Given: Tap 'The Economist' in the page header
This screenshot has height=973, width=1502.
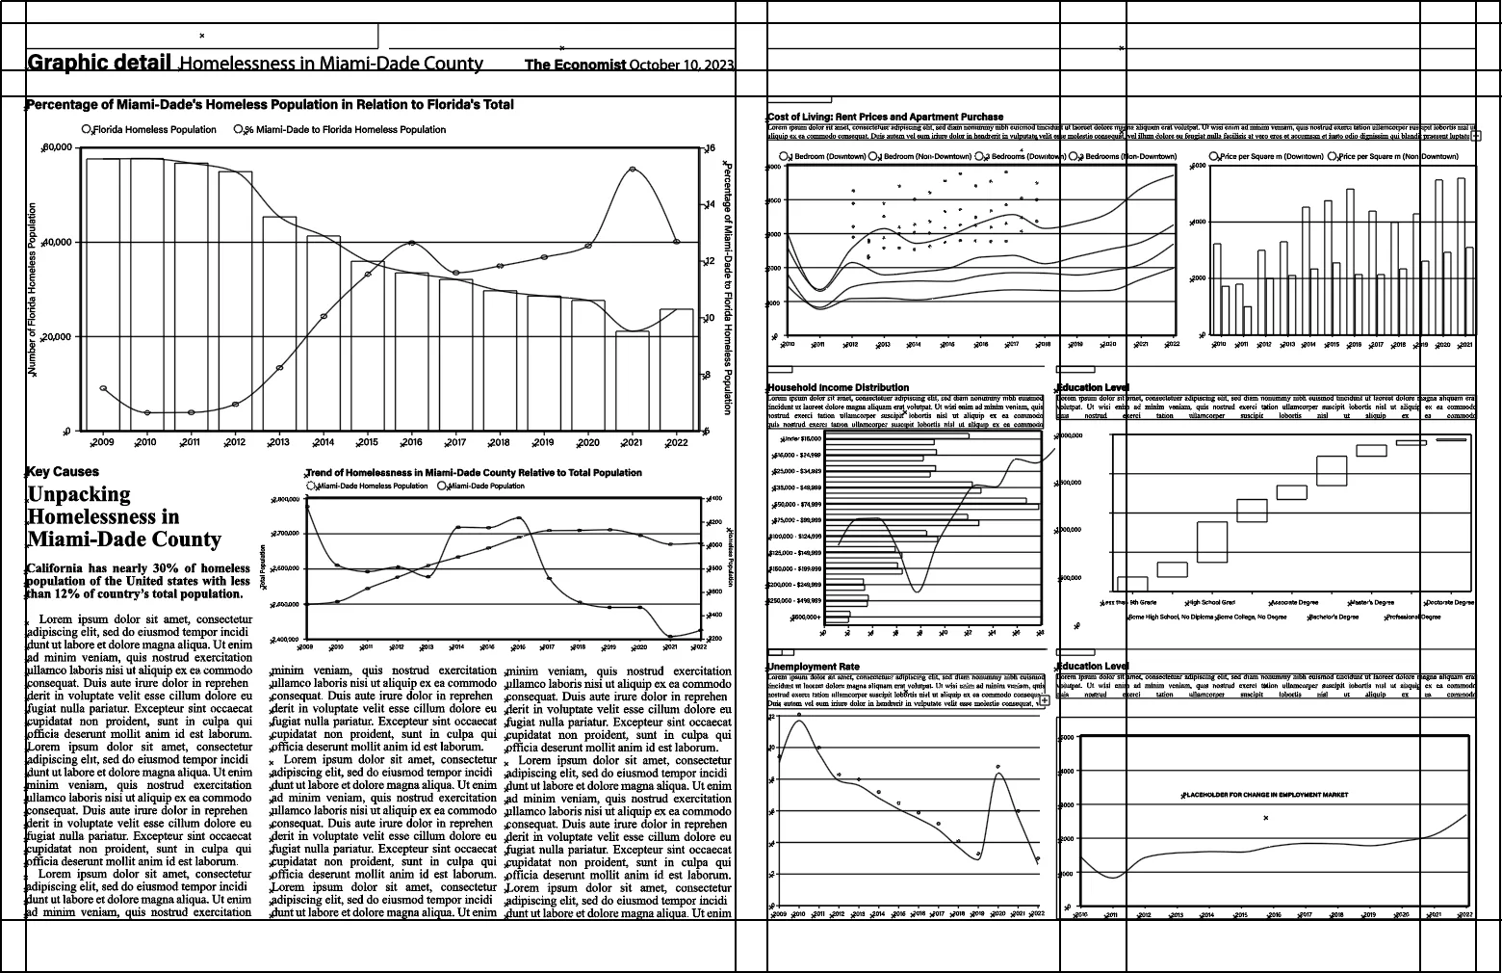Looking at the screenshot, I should pyautogui.click(x=575, y=65).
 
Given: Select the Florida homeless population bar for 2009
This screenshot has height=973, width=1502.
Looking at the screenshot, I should pyautogui.click(x=103, y=294).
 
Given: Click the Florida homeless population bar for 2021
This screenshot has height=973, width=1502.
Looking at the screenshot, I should pyautogui.click(x=633, y=381).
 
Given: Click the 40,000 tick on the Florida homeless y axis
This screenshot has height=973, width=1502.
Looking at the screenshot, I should pyautogui.click(x=59, y=242).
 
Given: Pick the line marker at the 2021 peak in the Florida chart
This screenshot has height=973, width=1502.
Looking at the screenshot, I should pyautogui.click(x=633, y=170).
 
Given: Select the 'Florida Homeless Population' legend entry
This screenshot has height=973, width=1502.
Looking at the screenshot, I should pyautogui.click(x=153, y=129).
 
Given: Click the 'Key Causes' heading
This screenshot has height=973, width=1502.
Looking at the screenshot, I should pyautogui.click(x=63, y=472).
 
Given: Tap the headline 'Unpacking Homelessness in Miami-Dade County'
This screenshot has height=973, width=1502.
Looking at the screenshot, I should pyautogui.click(x=123, y=516).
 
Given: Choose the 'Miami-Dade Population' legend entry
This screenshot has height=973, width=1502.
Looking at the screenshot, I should pyautogui.click(x=485, y=486).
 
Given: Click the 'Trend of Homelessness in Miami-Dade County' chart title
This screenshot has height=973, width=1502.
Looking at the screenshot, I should pyautogui.click(x=473, y=473).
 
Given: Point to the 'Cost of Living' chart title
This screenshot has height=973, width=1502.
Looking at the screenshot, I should pyautogui.click(x=885, y=117).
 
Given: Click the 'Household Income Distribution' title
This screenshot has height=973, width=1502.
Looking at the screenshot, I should pyautogui.click(x=838, y=387).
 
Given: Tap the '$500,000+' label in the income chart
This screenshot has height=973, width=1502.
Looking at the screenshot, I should pyautogui.click(x=806, y=617).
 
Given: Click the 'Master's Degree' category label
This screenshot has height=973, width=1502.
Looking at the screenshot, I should pyautogui.click(x=1373, y=603).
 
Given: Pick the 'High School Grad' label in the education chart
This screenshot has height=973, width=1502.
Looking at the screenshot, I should pyautogui.click(x=1212, y=603).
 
